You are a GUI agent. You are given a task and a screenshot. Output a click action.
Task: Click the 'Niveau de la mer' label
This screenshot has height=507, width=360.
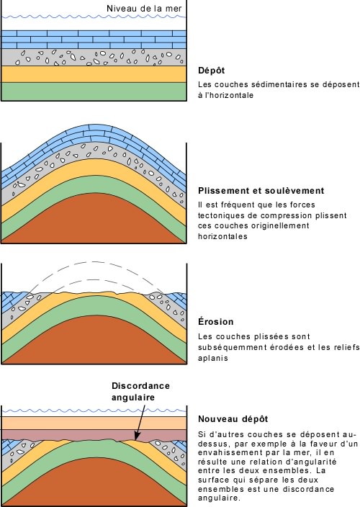[144, 9]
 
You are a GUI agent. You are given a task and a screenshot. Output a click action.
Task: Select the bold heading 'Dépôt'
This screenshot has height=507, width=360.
[212, 71]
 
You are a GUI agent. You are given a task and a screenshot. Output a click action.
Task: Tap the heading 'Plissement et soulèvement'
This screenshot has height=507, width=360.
[261, 191]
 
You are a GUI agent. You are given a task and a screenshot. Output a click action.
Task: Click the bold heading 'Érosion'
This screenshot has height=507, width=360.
[215, 322]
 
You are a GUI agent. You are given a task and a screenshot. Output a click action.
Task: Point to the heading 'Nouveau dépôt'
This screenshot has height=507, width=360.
[233, 419]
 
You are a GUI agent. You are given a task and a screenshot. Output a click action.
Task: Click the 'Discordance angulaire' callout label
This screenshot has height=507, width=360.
[140, 391]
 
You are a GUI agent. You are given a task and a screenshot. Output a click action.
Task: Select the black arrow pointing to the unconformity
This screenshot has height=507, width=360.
[140, 421]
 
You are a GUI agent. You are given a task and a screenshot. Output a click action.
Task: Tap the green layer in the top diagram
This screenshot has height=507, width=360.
[94, 91]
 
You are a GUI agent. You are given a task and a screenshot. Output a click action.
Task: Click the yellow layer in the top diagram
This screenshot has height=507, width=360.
[94, 74]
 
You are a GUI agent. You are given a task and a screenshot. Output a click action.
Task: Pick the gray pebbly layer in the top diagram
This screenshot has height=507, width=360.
[94, 58]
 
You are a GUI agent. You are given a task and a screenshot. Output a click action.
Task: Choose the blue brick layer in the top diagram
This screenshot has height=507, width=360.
[94, 40]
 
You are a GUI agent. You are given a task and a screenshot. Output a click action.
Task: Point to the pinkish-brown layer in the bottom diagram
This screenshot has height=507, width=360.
[94, 434]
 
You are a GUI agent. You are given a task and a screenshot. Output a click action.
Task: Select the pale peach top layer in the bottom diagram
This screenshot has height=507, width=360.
[94, 423]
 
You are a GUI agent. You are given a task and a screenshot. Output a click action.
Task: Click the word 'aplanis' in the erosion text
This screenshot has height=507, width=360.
[213, 358]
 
